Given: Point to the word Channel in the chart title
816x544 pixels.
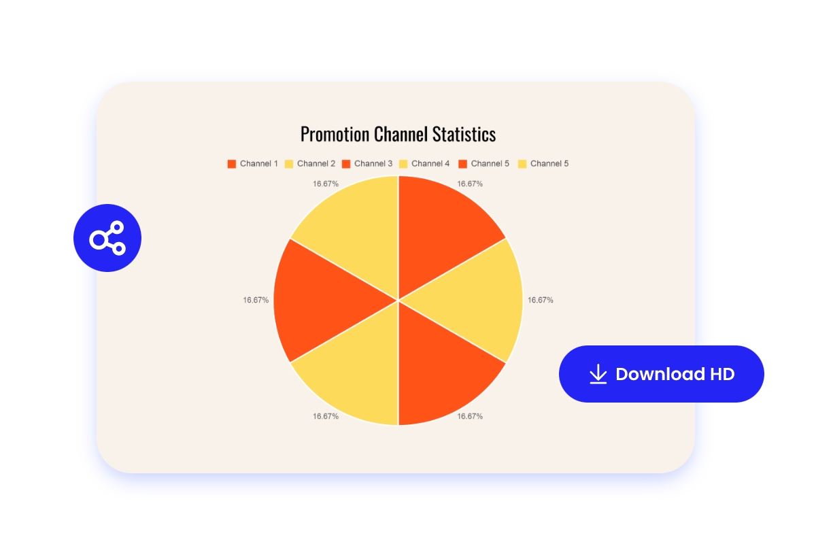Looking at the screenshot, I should [401, 134].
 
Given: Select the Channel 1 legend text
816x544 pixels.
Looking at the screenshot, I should [259, 164].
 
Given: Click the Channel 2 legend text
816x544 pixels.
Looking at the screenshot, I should [316, 164].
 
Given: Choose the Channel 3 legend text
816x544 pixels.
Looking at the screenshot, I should [373, 164].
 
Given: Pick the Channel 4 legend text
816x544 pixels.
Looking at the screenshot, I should [430, 164].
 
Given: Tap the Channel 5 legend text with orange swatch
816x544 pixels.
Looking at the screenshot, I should [490, 164].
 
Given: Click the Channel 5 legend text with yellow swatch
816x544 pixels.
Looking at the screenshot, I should [549, 164].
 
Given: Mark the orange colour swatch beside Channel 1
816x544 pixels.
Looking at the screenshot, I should [232, 164].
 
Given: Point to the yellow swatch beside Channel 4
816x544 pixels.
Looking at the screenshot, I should [403, 164].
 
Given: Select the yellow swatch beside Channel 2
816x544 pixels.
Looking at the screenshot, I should [289, 164].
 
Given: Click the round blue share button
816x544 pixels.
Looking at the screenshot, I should [107, 238].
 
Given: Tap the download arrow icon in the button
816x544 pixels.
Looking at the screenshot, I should [598, 374].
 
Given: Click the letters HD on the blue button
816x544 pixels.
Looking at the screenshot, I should [722, 374].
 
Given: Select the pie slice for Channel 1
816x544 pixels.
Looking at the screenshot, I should [442, 224].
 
